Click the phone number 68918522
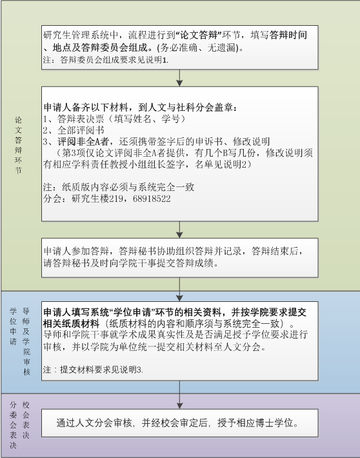(x=152, y=199)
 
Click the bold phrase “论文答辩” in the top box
(x=199, y=35)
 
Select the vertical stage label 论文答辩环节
(x=18, y=145)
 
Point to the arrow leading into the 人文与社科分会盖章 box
(x=179, y=78)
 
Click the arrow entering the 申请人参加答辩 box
(x=179, y=230)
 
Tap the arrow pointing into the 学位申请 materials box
(x=179, y=289)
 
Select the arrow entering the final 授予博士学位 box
(x=179, y=395)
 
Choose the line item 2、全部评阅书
(x=74, y=130)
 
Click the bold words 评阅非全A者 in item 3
(x=83, y=142)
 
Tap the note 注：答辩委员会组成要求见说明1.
(x=106, y=60)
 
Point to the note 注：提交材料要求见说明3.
(x=93, y=370)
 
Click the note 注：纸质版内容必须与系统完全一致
(x=119, y=187)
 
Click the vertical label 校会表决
(x=26, y=420)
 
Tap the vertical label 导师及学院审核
(x=26, y=341)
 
